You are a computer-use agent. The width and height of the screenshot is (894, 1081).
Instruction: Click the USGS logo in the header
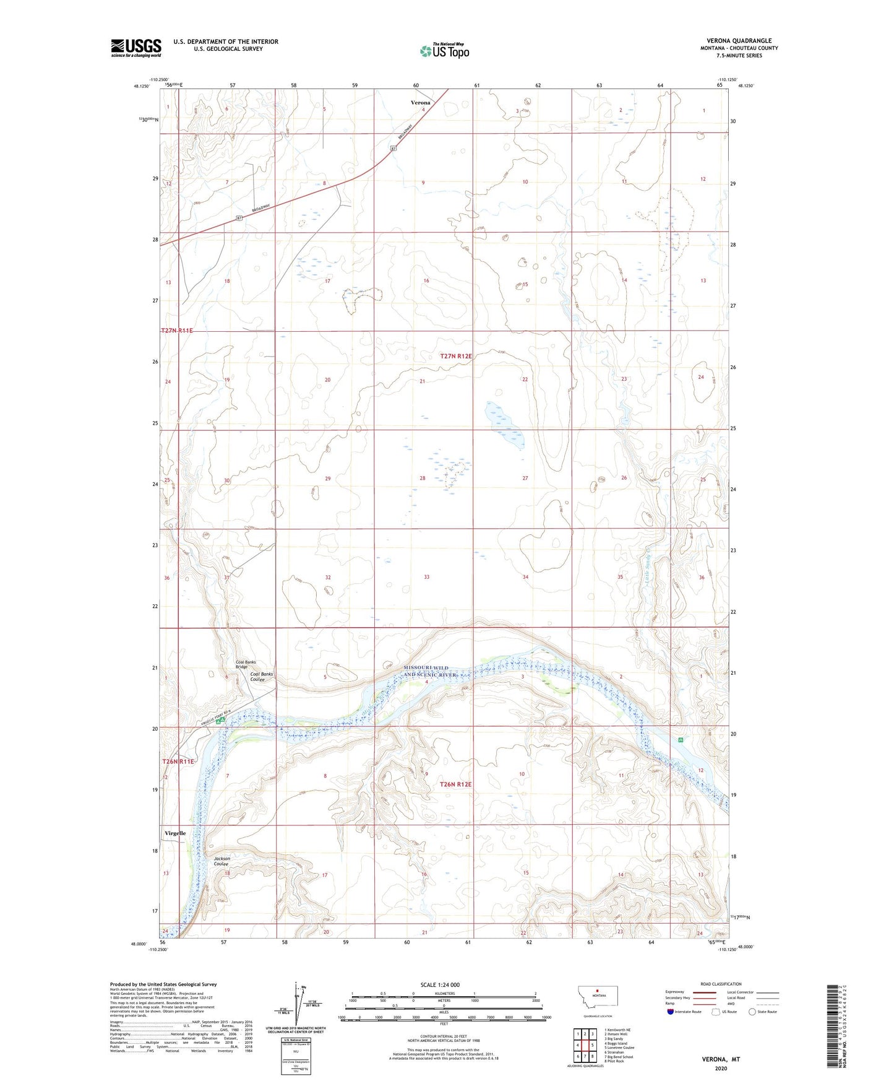tap(136, 48)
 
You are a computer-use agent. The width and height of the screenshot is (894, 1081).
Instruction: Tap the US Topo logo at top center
tap(444, 51)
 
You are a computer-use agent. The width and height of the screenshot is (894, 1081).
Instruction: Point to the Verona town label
tap(421, 103)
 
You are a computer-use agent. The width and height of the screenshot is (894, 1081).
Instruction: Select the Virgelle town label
tap(175, 833)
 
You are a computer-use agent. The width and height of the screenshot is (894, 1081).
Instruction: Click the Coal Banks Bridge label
tap(246, 664)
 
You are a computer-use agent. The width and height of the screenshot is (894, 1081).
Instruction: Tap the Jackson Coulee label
tap(221, 861)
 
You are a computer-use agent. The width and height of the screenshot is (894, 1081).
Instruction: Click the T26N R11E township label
tap(178, 762)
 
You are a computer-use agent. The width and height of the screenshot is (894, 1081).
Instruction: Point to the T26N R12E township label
tap(456, 784)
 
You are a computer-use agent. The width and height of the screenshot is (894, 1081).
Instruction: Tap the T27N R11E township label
tap(177, 331)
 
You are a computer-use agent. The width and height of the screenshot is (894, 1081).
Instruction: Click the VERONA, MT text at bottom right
tap(721, 1059)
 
